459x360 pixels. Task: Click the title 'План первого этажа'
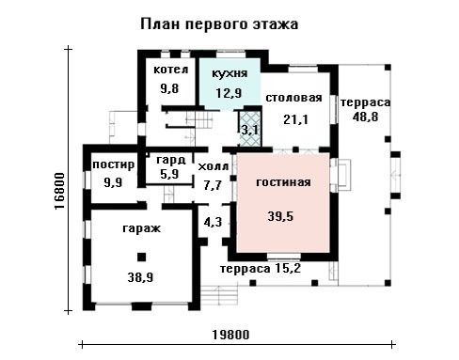point(219,24)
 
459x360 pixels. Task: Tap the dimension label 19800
point(231,335)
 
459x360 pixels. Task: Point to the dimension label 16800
point(59,191)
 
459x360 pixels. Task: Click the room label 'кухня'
point(229,73)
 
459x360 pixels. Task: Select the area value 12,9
point(229,93)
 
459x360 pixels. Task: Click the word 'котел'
point(171,70)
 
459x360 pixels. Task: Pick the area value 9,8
point(169,88)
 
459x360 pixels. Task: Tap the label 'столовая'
point(293,98)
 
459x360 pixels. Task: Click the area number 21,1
point(295,119)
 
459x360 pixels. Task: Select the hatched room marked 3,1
point(250,129)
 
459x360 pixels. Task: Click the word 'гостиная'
point(283,182)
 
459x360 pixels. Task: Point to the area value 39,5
point(280,216)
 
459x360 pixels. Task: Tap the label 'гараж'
point(141,228)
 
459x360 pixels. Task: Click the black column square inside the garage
point(142,258)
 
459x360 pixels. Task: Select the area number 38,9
point(140,277)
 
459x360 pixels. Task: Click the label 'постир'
point(114,164)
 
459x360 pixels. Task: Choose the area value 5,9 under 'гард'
point(169,174)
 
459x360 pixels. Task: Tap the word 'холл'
point(214,167)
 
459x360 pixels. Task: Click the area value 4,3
point(213,222)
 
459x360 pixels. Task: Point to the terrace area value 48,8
point(365,117)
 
